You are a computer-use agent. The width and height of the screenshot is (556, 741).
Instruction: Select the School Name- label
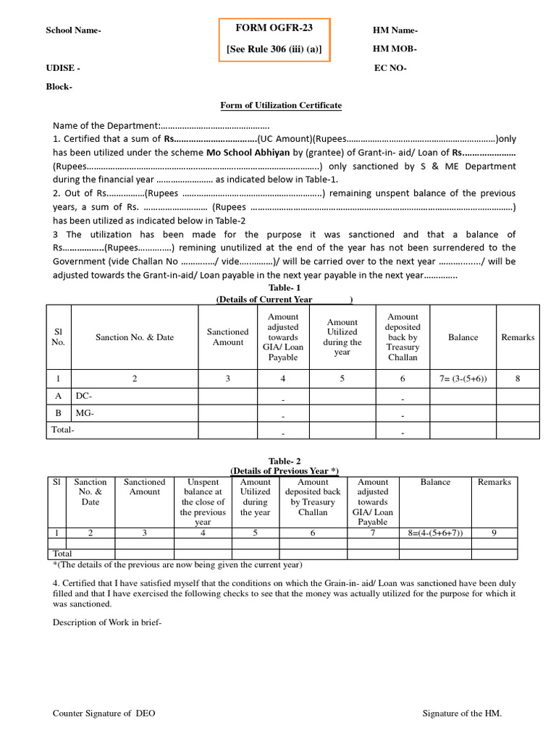[73, 30]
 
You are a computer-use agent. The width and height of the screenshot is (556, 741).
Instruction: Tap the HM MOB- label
[395, 49]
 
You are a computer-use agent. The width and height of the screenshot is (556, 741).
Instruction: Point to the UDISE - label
[63, 68]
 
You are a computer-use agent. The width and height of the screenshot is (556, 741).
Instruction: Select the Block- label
[59, 87]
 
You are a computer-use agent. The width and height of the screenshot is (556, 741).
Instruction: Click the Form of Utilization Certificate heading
[281, 106]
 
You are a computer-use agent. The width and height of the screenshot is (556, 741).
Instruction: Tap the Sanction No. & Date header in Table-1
[135, 337]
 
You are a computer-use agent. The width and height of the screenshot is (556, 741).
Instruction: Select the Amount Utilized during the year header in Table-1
[342, 337]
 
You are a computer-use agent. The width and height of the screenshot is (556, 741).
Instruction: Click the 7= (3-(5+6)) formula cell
[463, 378]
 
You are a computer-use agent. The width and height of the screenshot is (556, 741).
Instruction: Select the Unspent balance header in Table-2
[203, 501]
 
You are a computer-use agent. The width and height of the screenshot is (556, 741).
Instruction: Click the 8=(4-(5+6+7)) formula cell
[435, 533]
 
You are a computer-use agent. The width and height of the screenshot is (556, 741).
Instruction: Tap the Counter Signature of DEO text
[104, 714]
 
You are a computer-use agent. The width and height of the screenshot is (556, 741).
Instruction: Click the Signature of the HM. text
[462, 714]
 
